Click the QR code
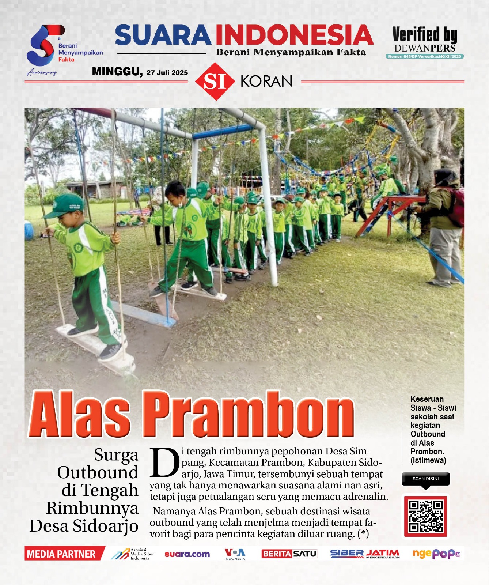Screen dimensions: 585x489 pyautogui.click(x=425, y=516)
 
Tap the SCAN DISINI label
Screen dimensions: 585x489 pyautogui.click(x=425, y=479)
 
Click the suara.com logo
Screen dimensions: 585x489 pyautogui.click(x=187, y=554)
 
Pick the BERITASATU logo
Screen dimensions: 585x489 pyautogui.click(x=289, y=554)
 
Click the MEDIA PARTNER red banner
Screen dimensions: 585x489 pyautogui.click(x=62, y=554)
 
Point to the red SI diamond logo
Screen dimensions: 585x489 pyautogui.click(x=215, y=81)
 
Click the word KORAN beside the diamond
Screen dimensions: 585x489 pyautogui.click(x=266, y=81)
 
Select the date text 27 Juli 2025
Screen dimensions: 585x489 pyautogui.click(x=167, y=73)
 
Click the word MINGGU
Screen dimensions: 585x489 pyautogui.click(x=117, y=71)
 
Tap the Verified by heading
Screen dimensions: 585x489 pyautogui.click(x=425, y=35)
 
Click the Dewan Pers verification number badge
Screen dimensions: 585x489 pyautogui.click(x=425, y=56)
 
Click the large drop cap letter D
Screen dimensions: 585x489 pyautogui.click(x=164, y=463)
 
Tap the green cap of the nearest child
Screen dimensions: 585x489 pyautogui.click(x=66, y=204)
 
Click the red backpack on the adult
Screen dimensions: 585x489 pyautogui.click(x=456, y=207)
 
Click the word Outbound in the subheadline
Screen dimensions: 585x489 pyautogui.click(x=98, y=472)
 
